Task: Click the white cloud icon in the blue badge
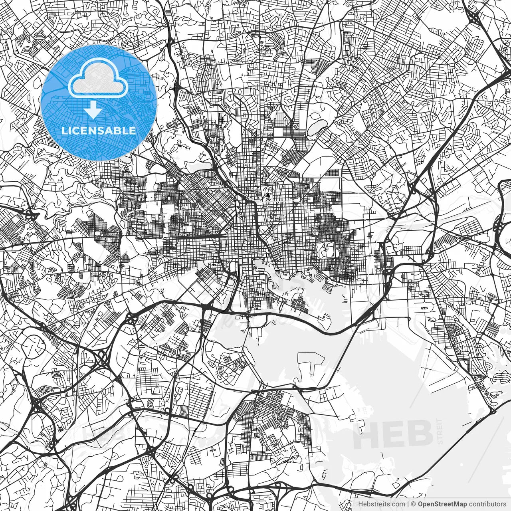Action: pos(98,79)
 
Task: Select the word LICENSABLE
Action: pos(98,131)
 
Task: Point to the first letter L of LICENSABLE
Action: pos(64,131)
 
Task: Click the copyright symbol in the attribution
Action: pos(414,504)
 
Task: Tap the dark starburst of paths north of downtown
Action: pos(268,195)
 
